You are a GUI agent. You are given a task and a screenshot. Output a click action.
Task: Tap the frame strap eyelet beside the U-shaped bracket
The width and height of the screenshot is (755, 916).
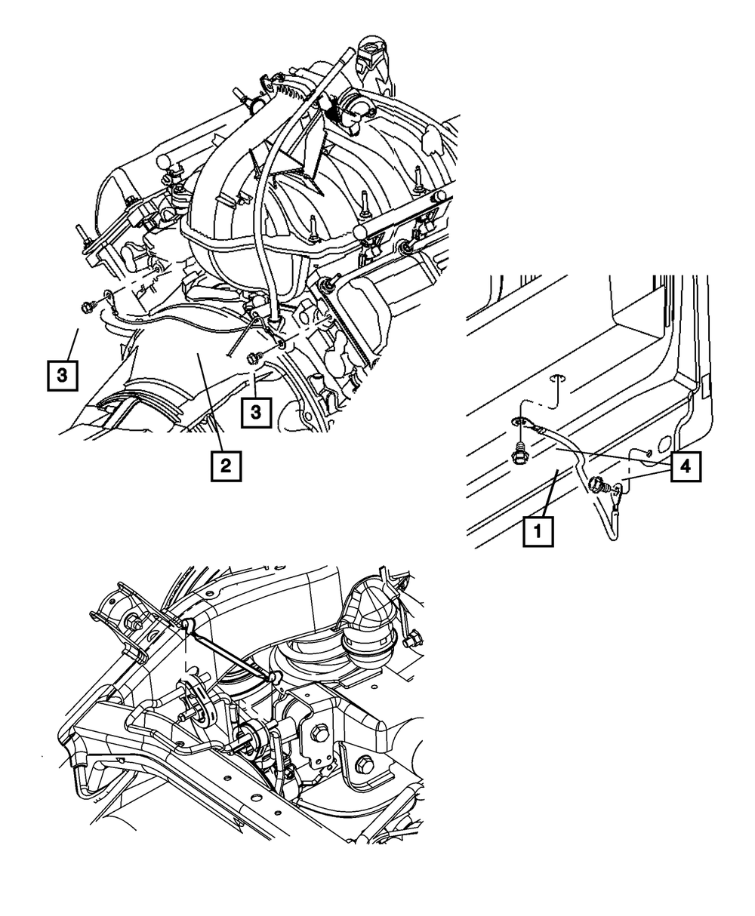186,623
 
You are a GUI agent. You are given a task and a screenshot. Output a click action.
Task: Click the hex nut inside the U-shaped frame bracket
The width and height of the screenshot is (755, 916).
134,623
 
